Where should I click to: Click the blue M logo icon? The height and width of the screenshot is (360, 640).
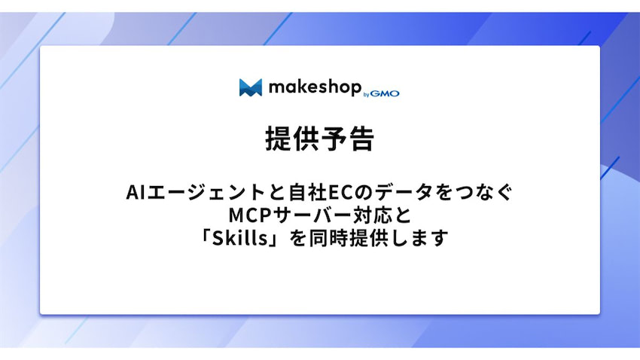(x=250, y=87)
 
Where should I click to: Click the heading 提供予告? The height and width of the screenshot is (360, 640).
(x=319, y=139)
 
